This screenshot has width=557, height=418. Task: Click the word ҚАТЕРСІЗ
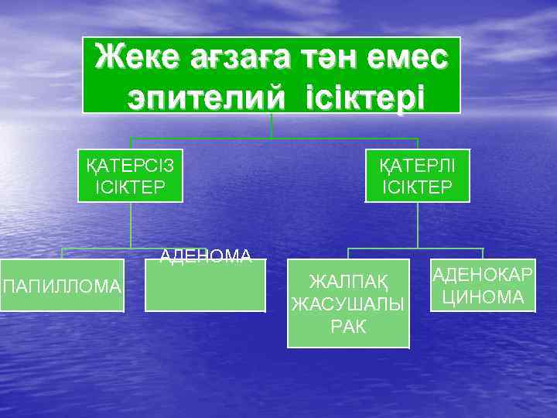click(x=130, y=166)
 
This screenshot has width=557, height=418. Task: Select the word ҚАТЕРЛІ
click(x=418, y=166)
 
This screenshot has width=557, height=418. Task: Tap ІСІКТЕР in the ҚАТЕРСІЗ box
click(x=130, y=187)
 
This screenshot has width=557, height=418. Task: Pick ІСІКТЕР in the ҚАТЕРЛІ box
click(x=418, y=187)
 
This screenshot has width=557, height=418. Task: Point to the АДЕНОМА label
click(x=206, y=256)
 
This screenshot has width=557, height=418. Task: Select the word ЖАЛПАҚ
click(x=348, y=279)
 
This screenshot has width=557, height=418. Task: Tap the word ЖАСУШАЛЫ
click(x=348, y=303)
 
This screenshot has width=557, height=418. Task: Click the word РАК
click(x=348, y=325)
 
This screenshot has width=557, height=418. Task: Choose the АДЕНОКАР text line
click(x=483, y=276)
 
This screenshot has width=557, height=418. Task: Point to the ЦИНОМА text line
click(x=483, y=296)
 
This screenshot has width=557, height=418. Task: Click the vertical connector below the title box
click(x=272, y=126)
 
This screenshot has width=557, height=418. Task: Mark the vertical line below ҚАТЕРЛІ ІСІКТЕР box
click(x=418, y=225)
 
